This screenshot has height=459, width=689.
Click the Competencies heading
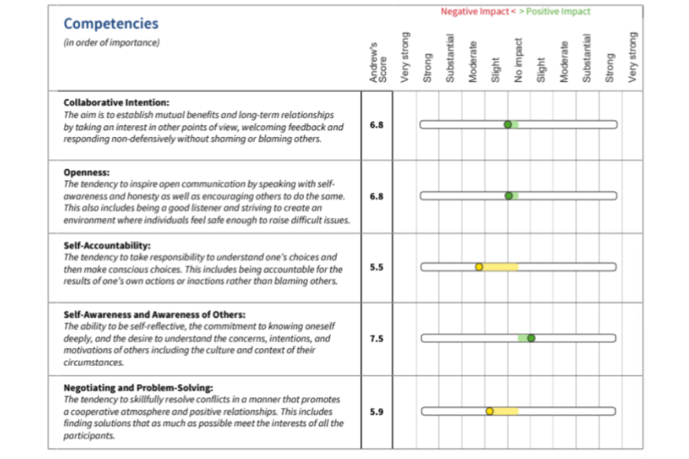coord(111,24)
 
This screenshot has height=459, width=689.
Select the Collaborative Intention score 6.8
coord(377,124)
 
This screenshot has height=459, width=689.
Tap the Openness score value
coord(377,196)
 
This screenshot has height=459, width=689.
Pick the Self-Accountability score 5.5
coord(377,267)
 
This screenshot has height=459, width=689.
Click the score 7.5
coord(377,338)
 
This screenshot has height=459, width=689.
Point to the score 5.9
coord(377,412)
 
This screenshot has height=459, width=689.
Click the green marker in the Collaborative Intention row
coord(508,125)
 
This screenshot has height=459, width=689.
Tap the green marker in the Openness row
coord(508,196)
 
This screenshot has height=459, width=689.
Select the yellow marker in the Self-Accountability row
coord(479,267)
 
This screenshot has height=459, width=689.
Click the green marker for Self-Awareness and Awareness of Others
coord(531,338)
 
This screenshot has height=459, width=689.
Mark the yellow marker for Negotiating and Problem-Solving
coord(490,412)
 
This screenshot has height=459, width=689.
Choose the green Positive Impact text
coord(558,11)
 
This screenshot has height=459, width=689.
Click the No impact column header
coord(518,61)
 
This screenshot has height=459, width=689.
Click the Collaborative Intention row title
coord(116,102)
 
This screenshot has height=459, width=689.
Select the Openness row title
coord(87,173)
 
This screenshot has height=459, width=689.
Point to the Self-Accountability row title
coord(107,246)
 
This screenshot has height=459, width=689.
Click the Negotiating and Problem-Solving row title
coord(138,387)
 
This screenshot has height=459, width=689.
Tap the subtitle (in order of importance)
coord(112,43)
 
